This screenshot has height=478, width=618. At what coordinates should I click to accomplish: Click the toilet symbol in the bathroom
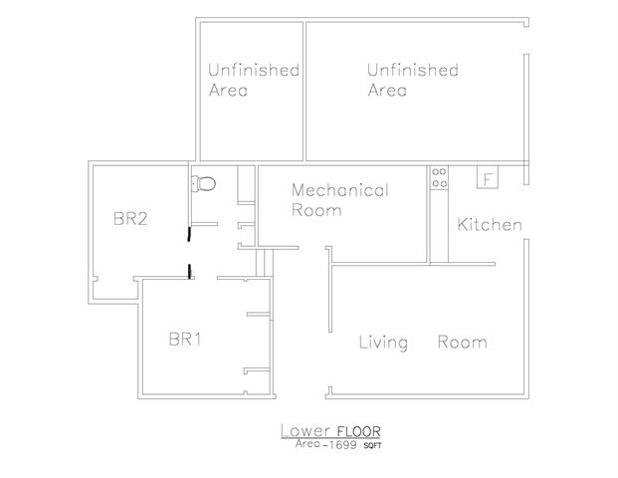pos(204,184)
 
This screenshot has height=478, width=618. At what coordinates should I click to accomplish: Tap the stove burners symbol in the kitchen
pos(439,177)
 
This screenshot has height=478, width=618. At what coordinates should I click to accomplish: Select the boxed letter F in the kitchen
pos(488,177)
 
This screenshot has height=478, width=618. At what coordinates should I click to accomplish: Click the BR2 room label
pos(130,218)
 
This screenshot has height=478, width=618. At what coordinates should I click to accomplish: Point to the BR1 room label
pos(185,339)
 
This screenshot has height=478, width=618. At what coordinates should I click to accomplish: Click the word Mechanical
pos(340,190)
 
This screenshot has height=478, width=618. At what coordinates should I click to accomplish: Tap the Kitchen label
pos(490,224)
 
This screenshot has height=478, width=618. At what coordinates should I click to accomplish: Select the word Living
pos(383,343)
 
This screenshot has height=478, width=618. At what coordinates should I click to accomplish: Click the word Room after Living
pos(463,342)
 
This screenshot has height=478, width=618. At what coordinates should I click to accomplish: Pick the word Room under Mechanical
pos(316,210)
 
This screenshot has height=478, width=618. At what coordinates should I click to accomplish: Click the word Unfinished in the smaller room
pos(254,70)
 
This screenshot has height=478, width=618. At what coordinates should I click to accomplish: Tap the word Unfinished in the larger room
pos(413,70)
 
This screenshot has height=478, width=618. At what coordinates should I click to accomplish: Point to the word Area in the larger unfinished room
pos(387,90)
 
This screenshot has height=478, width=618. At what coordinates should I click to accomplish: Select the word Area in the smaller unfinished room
pos(228,90)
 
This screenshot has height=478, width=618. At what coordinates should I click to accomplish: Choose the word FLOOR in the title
pos(358,431)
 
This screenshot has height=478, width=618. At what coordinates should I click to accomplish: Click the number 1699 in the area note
pos(342,445)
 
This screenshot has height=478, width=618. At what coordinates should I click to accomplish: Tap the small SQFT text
pos(372,446)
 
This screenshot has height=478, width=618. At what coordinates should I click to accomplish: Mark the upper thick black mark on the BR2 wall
pos(189,233)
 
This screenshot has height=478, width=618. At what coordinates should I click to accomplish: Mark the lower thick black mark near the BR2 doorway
pos(189,271)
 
